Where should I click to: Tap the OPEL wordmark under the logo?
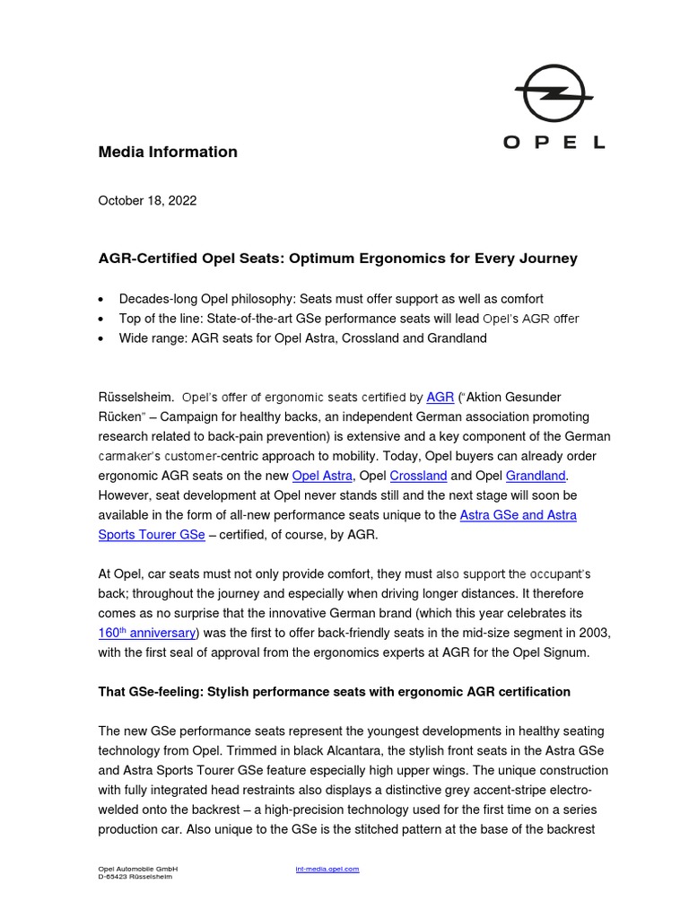554,142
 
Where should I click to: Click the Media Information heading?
168,152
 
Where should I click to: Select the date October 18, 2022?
147,201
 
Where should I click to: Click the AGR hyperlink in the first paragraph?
440,397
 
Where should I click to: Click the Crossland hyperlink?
418,476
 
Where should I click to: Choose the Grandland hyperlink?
536,476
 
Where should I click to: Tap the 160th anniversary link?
146,633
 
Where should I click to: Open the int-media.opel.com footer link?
327,869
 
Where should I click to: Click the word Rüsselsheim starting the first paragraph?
135,397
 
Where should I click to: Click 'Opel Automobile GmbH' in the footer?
138,869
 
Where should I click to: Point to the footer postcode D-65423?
114,877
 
